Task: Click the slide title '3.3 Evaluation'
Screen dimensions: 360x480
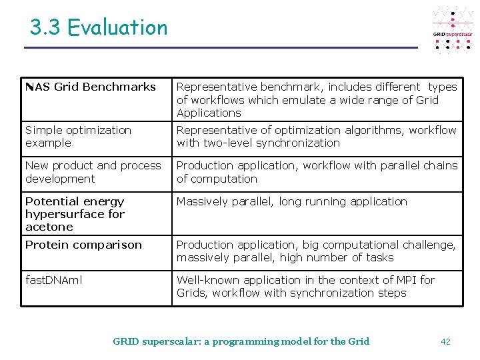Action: tap(99, 27)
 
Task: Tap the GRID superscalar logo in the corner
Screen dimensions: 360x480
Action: tap(453, 31)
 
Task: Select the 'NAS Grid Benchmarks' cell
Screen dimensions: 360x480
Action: tap(91, 87)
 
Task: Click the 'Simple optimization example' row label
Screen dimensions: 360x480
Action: tap(78, 136)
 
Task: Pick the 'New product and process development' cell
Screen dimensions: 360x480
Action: tap(93, 172)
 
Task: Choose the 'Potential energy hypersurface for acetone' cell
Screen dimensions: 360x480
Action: tap(75, 214)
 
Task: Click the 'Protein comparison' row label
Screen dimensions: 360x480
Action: tap(83, 245)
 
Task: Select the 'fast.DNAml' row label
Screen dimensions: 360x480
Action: tap(54, 280)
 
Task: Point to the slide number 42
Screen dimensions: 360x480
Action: tap(446, 341)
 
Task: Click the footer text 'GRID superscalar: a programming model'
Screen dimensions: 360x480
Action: tap(241, 341)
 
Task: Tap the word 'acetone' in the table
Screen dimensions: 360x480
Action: tap(49, 227)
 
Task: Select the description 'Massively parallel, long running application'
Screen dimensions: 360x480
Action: tap(291, 201)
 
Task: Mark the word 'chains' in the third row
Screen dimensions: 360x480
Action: tap(441, 165)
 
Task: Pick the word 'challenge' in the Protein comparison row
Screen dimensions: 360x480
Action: tap(429, 245)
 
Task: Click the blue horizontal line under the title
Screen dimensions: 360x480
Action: tap(220, 48)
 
